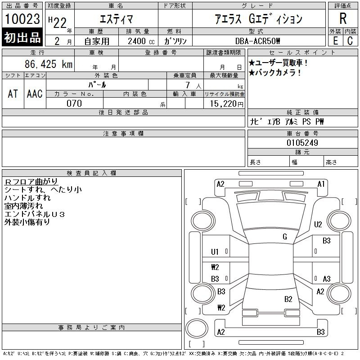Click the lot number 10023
22,19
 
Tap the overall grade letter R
343,19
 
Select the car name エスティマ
116,19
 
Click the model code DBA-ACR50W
257,41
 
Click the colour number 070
74,103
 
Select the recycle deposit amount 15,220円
227,103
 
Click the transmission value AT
13,94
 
